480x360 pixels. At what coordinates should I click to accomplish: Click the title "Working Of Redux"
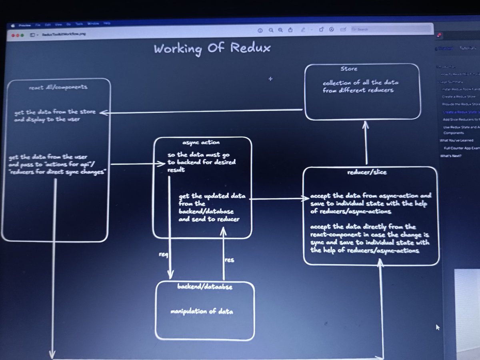click(x=212, y=48)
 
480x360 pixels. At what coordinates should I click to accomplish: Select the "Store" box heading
click(x=348, y=69)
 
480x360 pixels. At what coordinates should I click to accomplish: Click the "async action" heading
click(x=201, y=142)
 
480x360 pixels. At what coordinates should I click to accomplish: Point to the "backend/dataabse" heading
click(x=205, y=287)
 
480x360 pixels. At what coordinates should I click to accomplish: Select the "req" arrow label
click(x=164, y=254)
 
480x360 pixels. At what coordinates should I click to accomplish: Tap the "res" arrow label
click(x=230, y=260)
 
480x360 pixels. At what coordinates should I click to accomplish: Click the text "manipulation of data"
click(x=202, y=312)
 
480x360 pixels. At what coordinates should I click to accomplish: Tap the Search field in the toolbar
click(x=390, y=29)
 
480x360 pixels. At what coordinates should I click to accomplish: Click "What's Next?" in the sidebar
click(x=450, y=156)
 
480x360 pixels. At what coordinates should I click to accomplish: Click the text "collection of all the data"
click(x=361, y=83)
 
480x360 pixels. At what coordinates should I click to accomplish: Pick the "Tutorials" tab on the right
click(x=467, y=48)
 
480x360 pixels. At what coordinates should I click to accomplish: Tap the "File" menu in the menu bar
click(x=38, y=24)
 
